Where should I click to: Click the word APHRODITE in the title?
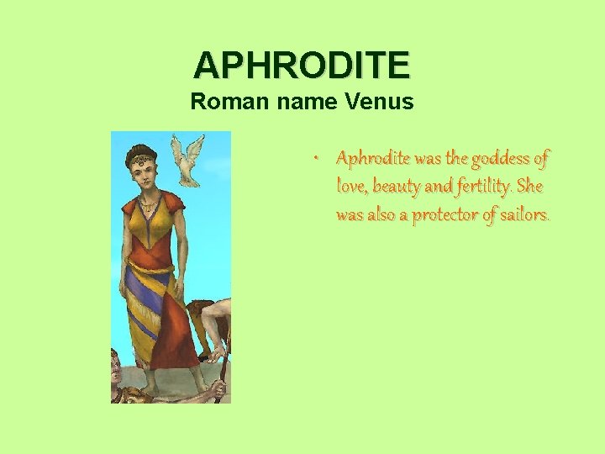[302, 65]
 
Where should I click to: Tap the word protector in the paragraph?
[452, 214]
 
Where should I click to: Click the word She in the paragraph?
[531, 186]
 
